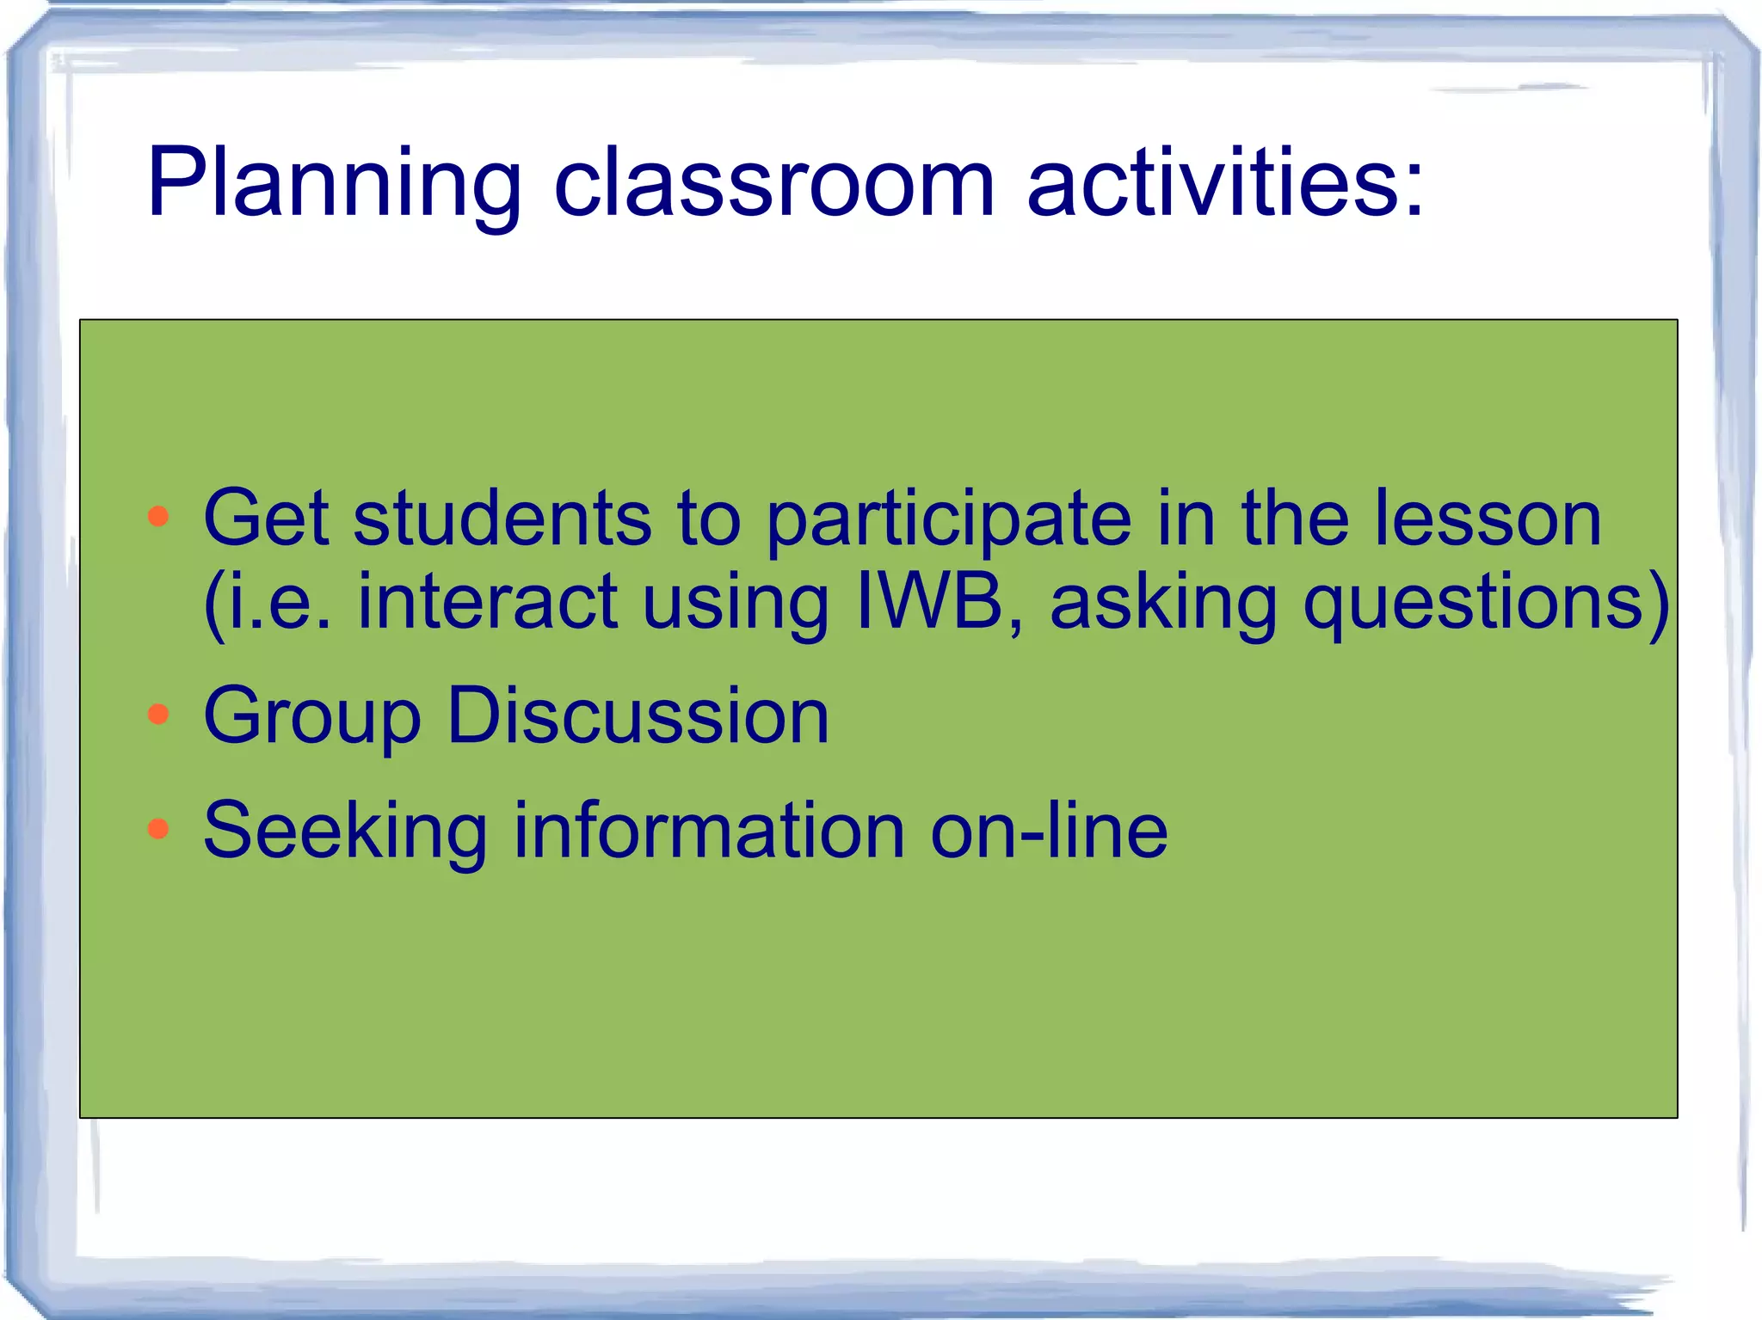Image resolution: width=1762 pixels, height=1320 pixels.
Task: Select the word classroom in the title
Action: (x=773, y=182)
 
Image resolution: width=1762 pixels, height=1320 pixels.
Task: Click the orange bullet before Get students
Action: (x=158, y=517)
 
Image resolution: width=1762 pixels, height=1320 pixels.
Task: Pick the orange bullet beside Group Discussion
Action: (x=158, y=714)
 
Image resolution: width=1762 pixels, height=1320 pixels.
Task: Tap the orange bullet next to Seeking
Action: (x=158, y=828)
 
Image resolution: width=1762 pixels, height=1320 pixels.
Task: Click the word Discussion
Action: (x=638, y=715)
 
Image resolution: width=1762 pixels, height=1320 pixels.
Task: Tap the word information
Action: (x=708, y=830)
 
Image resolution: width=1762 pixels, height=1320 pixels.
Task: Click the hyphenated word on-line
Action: (x=1049, y=830)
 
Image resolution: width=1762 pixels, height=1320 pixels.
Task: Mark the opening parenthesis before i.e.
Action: (x=213, y=604)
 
